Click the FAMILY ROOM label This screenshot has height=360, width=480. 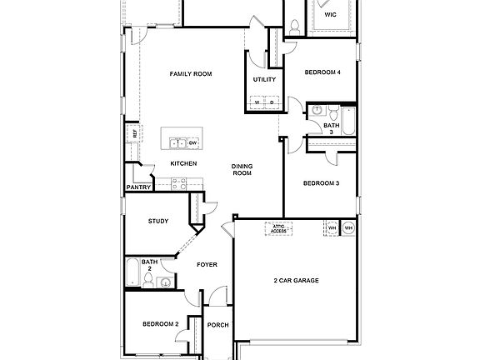191,74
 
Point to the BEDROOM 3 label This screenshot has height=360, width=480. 320,183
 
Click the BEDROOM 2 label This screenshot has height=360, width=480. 160,323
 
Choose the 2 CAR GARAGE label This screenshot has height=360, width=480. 297,280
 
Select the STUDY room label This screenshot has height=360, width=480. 158,221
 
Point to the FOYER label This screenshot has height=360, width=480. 207,265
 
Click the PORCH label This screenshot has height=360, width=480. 217,325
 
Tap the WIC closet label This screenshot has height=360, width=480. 330,14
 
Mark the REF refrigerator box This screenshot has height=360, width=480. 132,132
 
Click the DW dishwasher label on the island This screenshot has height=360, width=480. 192,142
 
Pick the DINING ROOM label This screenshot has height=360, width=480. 242,169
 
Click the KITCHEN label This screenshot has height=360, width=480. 183,163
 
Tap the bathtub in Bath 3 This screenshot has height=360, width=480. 348,122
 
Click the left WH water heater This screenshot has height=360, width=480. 331,227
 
